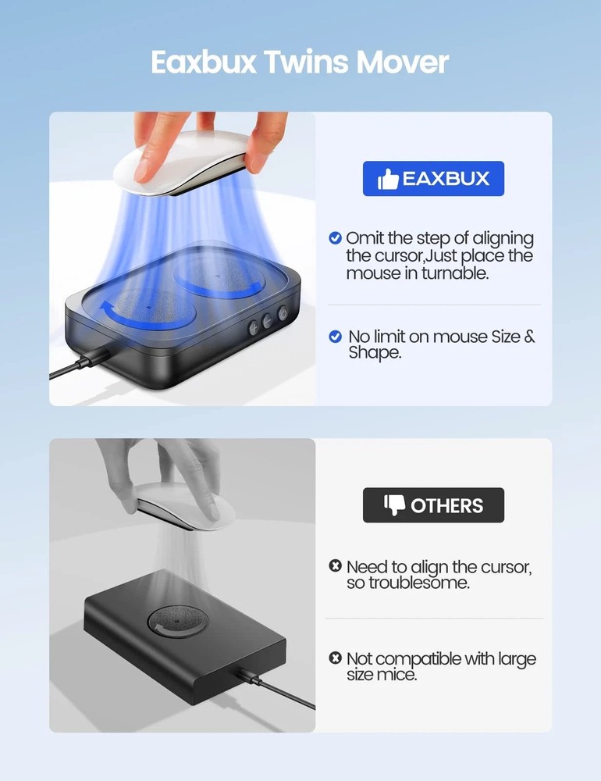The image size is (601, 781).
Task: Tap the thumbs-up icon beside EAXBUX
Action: (388, 180)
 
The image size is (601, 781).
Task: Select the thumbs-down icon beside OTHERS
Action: (395, 505)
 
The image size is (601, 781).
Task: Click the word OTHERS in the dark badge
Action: (447, 506)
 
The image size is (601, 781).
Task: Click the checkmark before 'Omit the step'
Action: (336, 237)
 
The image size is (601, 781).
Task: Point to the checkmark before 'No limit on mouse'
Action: (336, 337)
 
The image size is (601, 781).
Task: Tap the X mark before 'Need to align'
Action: (336, 565)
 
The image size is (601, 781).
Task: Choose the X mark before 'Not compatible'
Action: (336, 658)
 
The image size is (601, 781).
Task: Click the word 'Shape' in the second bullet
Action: (373, 353)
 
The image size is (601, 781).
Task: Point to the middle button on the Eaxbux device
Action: (267, 321)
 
